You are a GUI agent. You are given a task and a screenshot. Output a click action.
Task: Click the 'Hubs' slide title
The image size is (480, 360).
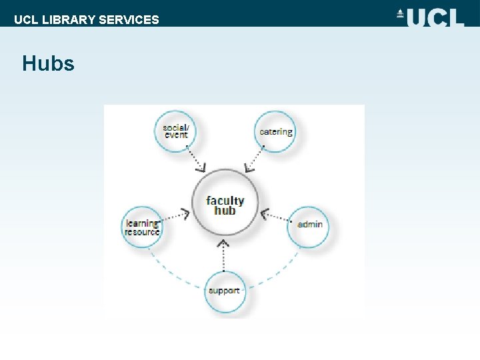click(48, 64)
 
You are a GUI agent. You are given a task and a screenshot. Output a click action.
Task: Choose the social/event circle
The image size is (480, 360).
click(176, 131)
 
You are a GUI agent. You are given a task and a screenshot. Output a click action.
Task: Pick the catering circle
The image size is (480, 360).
click(275, 131)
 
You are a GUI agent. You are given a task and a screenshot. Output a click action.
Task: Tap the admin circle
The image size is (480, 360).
click(309, 224)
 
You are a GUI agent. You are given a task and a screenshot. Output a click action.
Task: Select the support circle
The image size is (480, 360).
click(225, 291)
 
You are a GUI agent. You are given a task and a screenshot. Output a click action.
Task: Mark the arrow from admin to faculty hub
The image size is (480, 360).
click(275, 217)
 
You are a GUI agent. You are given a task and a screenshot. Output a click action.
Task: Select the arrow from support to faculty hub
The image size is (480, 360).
click(225, 255)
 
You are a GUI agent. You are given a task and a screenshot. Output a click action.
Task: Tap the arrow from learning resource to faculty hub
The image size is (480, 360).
click(175, 216)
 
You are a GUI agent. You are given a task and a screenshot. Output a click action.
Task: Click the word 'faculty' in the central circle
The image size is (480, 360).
click(225, 200)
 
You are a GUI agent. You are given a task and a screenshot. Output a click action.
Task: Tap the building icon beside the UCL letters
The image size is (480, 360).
click(401, 14)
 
